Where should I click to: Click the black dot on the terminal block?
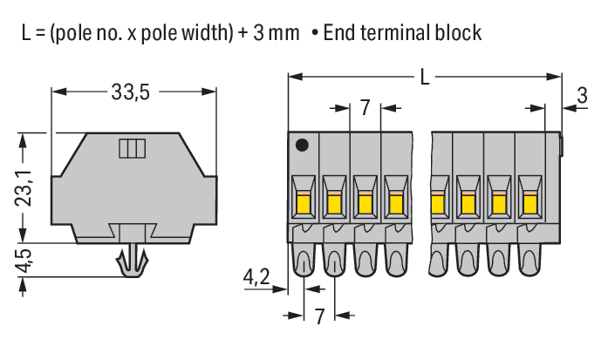pyautogui.click(x=302, y=146)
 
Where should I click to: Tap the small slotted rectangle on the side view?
pyautogui.click(x=132, y=147)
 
